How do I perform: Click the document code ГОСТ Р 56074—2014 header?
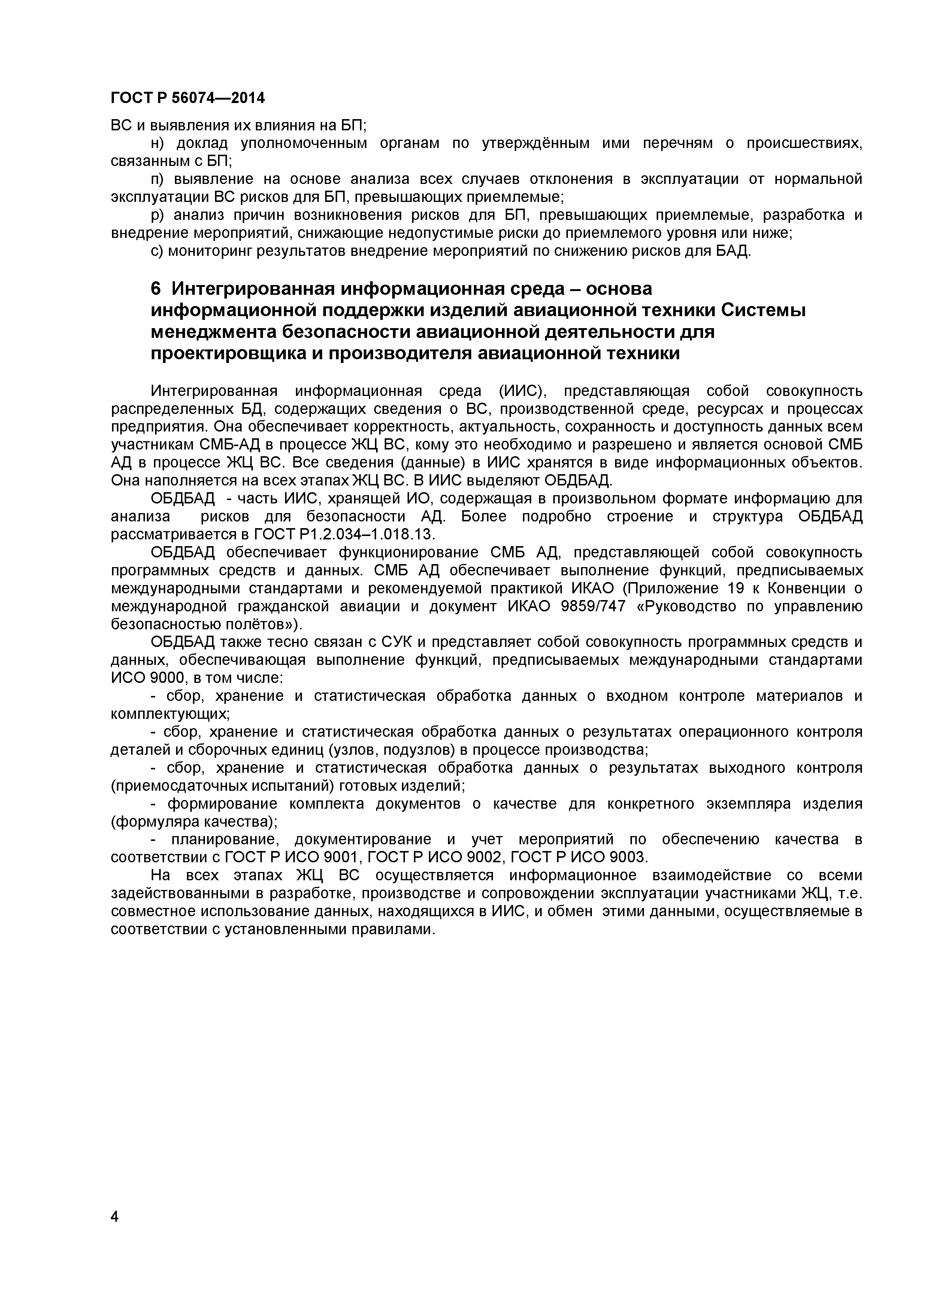click(x=187, y=98)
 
